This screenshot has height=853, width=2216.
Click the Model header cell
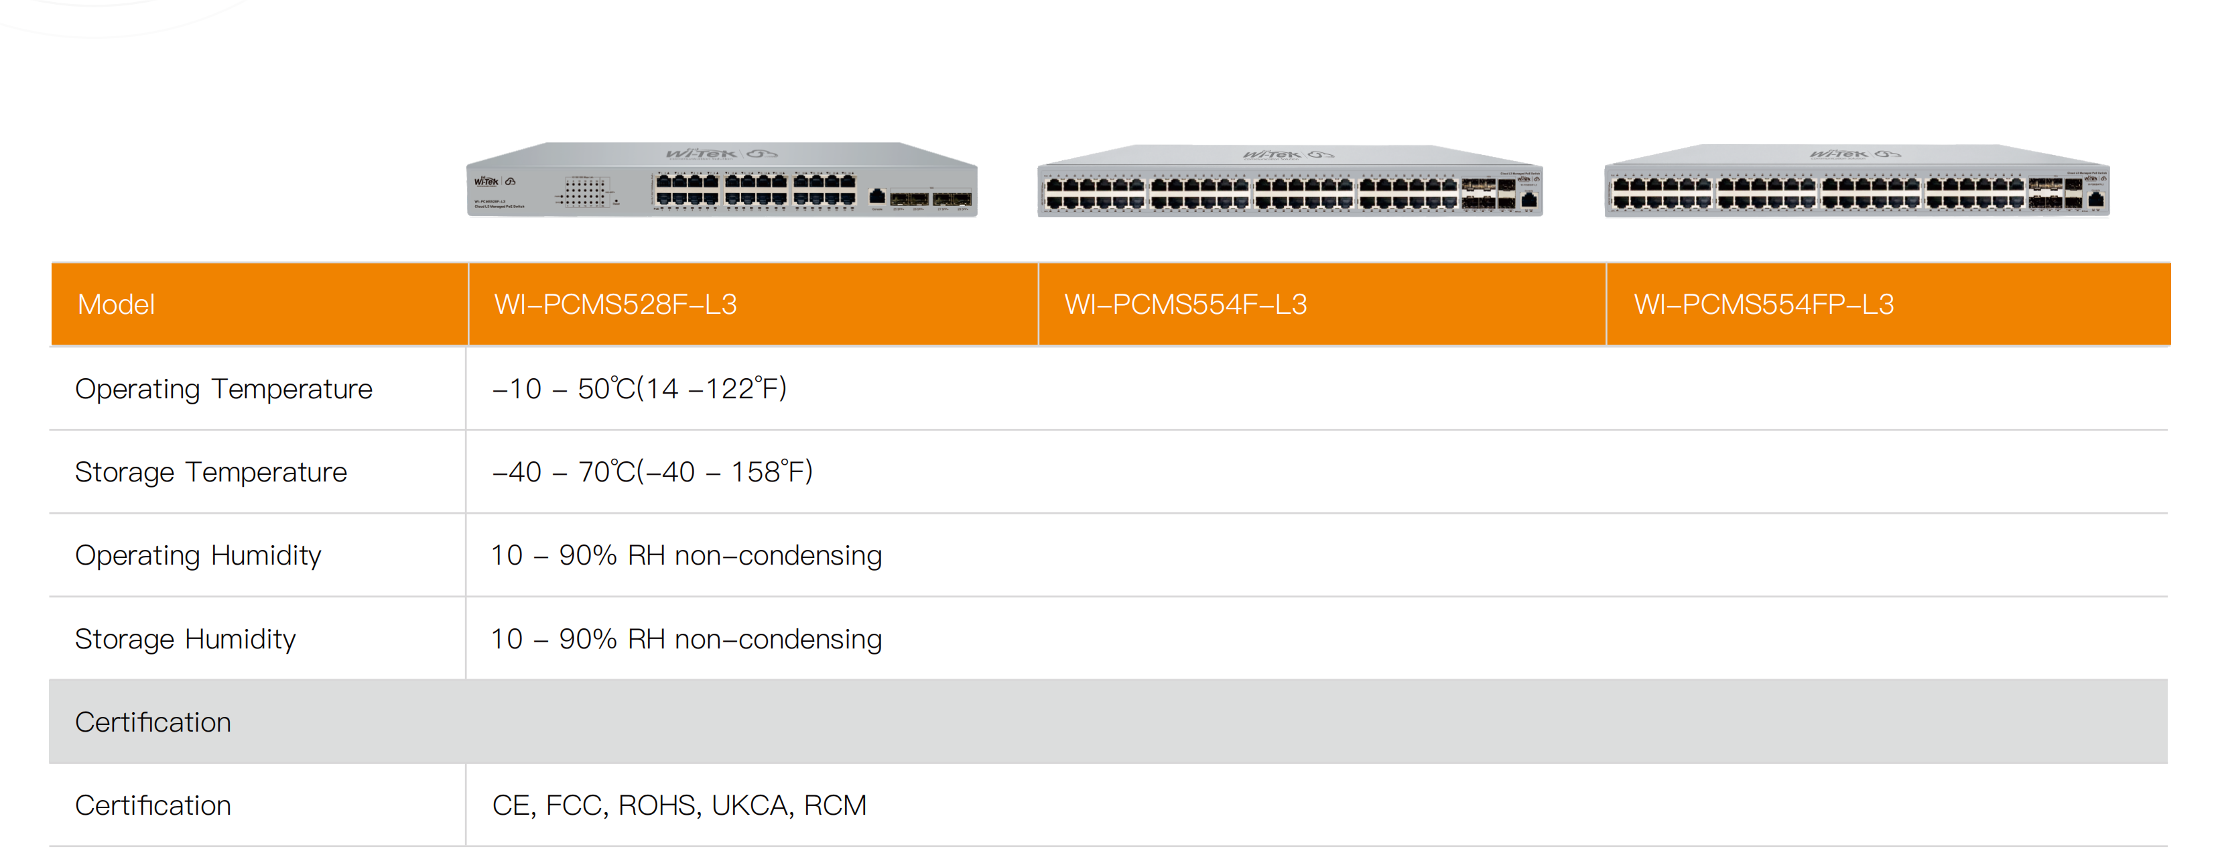pyautogui.click(x=116, y=304)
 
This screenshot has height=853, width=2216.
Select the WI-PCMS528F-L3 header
pyautogui.click(x=615, y=304)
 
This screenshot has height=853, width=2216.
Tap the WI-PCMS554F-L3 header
pyautogui.click(x=1185, y=304)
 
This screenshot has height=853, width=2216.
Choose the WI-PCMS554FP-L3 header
pyautogui.click(x=1764, y=304)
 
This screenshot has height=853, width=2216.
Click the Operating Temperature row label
pyautogui.click(x=224, y=389)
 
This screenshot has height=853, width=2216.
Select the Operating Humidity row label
pyautogui.click(x=198, y=556)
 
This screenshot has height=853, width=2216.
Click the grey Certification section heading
pyautogui.click(x=153, y=722)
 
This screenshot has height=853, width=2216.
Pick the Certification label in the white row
pyautogui.click(x=153, y=805)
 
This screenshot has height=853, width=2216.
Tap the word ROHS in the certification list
pyautogui.click(x=657, y=805)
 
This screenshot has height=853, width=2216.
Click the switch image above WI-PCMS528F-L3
pyautogui.click(x=722, y=181)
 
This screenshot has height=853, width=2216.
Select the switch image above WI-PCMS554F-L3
pyautogui.click(x=1289, y=182)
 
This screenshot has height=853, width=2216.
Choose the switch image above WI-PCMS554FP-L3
pyautogui.click(x=1856, y=182)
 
